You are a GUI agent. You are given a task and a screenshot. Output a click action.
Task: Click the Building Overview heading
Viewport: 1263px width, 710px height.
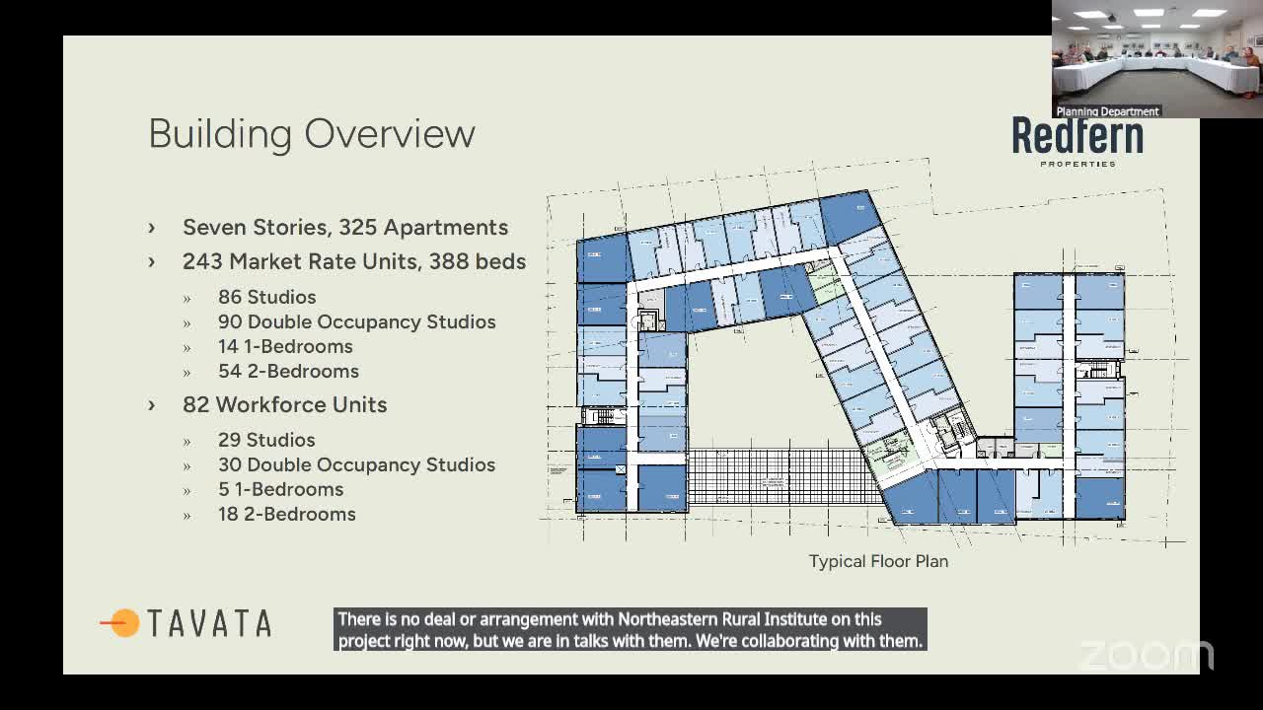[312, 134]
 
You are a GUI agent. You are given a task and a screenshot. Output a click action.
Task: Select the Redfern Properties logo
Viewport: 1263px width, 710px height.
[1077, 141]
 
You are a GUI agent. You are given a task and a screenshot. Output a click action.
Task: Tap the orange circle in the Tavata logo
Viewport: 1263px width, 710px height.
[125, 623]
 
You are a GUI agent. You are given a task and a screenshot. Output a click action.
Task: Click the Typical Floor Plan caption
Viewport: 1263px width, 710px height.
[878, 561]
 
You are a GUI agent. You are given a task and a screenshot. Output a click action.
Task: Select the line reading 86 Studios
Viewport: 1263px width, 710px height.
[266, 297]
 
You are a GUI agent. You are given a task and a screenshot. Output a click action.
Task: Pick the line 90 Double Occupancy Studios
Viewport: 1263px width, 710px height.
[356, 321]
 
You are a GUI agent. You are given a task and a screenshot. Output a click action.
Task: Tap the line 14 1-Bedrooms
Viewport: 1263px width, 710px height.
[285, 346]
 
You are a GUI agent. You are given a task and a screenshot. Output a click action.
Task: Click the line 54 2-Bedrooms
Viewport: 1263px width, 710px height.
[288, 371]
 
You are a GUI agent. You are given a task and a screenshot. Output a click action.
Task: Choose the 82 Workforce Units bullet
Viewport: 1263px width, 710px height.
[284, 404]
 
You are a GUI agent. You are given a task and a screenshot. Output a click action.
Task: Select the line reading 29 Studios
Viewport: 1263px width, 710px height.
[266, 440]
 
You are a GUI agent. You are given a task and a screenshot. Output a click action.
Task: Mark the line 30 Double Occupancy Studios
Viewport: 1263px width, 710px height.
[356, 464]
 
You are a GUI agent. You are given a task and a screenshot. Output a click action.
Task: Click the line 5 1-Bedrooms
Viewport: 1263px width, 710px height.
[280, 489]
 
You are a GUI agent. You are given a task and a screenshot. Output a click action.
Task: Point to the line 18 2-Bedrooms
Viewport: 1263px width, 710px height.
[286, 514]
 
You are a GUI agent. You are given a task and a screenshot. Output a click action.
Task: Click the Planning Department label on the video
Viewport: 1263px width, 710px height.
[1107, 111]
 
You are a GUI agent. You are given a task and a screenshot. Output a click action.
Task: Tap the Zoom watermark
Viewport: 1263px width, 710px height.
[1147, 655]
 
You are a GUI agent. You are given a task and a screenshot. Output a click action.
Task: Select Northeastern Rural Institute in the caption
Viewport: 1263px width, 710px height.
[721, 619]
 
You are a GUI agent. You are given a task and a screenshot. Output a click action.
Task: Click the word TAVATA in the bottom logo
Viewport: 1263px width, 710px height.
[209, 623]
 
